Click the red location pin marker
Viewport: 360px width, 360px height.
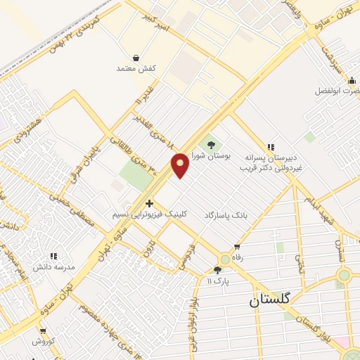(x=180, y=165)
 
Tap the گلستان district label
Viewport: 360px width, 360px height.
(x=273, y=301)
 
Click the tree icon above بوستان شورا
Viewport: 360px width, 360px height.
(x=211, y=146)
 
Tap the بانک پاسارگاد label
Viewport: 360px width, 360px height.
(x=226, y=214)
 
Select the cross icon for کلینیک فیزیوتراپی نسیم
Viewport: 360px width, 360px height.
(x=148, y=203)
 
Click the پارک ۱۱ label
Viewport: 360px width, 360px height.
(x=218, y=281)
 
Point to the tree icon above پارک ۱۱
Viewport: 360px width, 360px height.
(x=217, y=269)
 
